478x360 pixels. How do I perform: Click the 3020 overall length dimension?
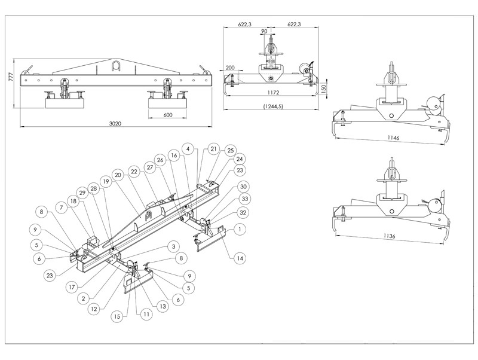pos(115,124)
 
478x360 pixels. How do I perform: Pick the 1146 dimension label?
pos(392,138)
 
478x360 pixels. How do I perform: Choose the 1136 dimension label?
pos(392,235)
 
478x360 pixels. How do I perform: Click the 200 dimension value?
pos(231,68)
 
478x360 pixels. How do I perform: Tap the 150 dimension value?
pos(324,88)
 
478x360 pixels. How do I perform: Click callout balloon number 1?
pos(240,228)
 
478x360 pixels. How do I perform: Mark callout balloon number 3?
pos(171,246)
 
